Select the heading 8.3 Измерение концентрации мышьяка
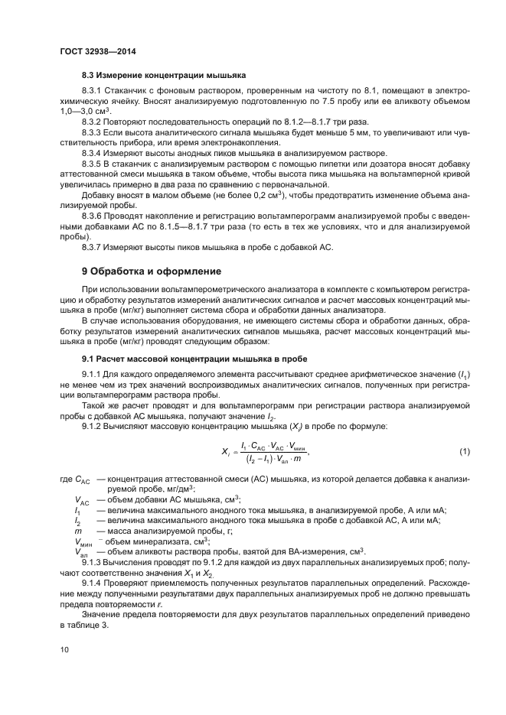163,76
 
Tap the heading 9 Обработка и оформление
152,271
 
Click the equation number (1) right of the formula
465,452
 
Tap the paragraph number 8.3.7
93,247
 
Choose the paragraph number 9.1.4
93,580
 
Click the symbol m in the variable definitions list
77,529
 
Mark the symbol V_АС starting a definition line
82,500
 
